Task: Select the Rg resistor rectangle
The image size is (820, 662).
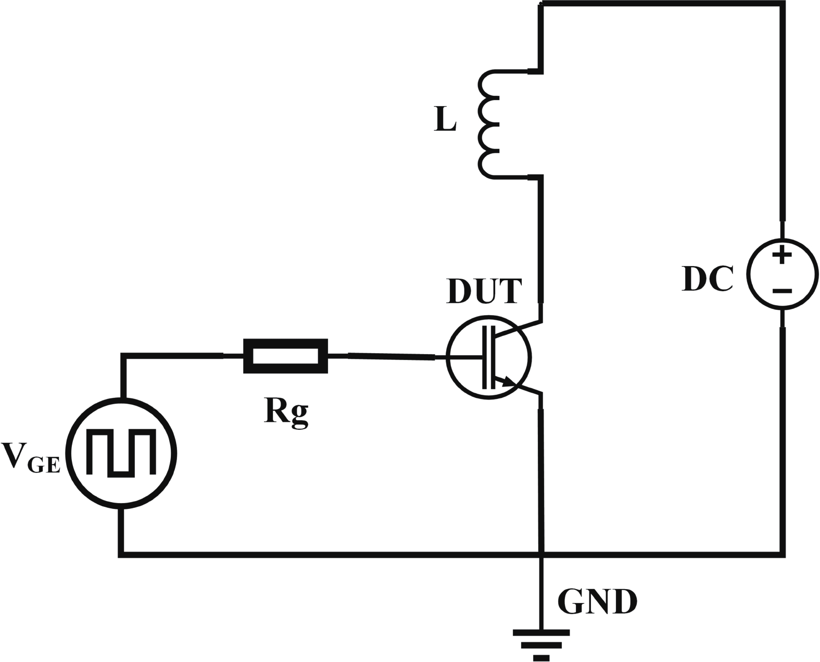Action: pos(285,356)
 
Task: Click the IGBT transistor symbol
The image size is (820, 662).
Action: pos(488,357)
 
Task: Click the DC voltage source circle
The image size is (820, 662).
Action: pos(781,274)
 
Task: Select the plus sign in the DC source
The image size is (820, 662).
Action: pos(781,255)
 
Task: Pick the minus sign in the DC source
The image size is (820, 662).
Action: pos(781,291)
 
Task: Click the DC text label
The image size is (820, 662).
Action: pos(708,279)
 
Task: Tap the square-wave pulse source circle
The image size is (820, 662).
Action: pos(123,453)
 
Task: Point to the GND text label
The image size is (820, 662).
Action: pos(597,602)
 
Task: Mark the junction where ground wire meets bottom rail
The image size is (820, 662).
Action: pos(542,554)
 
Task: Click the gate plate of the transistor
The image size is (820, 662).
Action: pos(484,357)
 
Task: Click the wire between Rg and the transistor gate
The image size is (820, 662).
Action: pos(390,356)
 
